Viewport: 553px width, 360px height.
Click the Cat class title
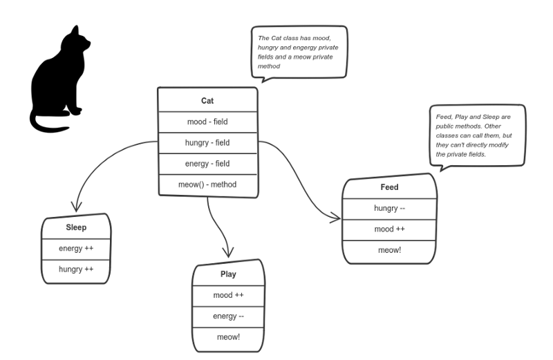(x=207, y=101)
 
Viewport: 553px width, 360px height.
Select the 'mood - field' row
(x=207, y=122)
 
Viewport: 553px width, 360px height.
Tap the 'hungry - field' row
(x=207, y=142)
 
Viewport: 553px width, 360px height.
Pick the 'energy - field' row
(x=207, y=164)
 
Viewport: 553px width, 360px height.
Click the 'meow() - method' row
(x=207, y=184)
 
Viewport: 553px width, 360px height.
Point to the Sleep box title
(x=76, y=227)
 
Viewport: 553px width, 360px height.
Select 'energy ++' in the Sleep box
(x=76, y=248)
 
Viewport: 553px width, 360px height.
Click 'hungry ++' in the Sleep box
(x=76, y=269)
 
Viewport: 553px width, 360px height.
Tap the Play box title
(x=228, y=274)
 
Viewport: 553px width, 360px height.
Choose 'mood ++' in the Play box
(x=228, y=295)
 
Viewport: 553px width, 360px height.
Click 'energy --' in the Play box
(x=228, y=316)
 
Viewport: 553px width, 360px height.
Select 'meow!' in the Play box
(x=228, y=337)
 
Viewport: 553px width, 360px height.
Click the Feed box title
(x=389, y=187)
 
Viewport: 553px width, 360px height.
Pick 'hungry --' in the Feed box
(x=389, y=208)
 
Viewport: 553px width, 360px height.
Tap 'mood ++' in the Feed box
(x=389, y=229)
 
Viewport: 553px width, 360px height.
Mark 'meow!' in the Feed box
(x=389, y=250)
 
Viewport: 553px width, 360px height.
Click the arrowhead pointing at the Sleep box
(x=76, y=207)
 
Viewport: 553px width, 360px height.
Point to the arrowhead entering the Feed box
(x=336, y=218)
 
